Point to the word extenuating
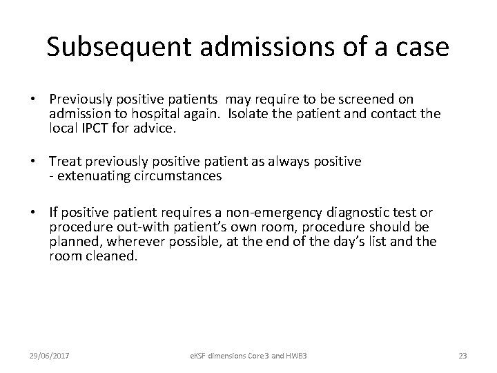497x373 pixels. pyautogui.click(x=93, y=175)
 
